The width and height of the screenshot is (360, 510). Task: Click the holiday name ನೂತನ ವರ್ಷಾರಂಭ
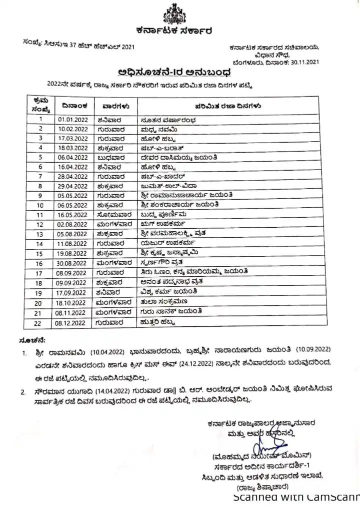point(165,119)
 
